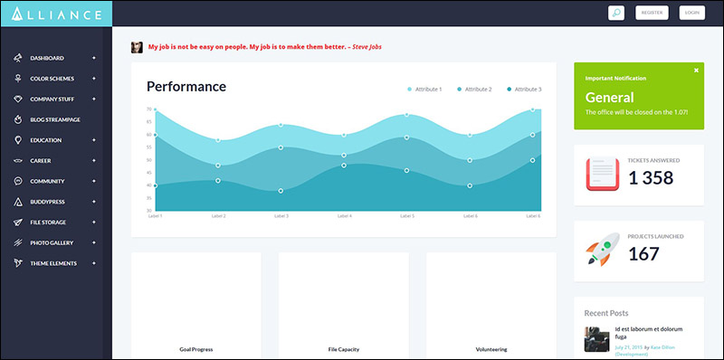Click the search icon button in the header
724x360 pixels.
tap(615, 13)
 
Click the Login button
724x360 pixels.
tap(692, 13)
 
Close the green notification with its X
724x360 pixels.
tap(696, 70)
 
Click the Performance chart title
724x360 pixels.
tap(186, 87)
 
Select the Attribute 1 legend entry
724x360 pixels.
tap(424, 90)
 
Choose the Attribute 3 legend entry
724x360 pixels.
tap(525, 90)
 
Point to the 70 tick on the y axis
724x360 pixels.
tap(148, 109)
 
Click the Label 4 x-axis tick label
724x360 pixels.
tap(344, 216)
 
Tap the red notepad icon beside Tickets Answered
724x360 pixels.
tap(602, 174)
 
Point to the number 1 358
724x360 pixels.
tap(651, 178)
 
